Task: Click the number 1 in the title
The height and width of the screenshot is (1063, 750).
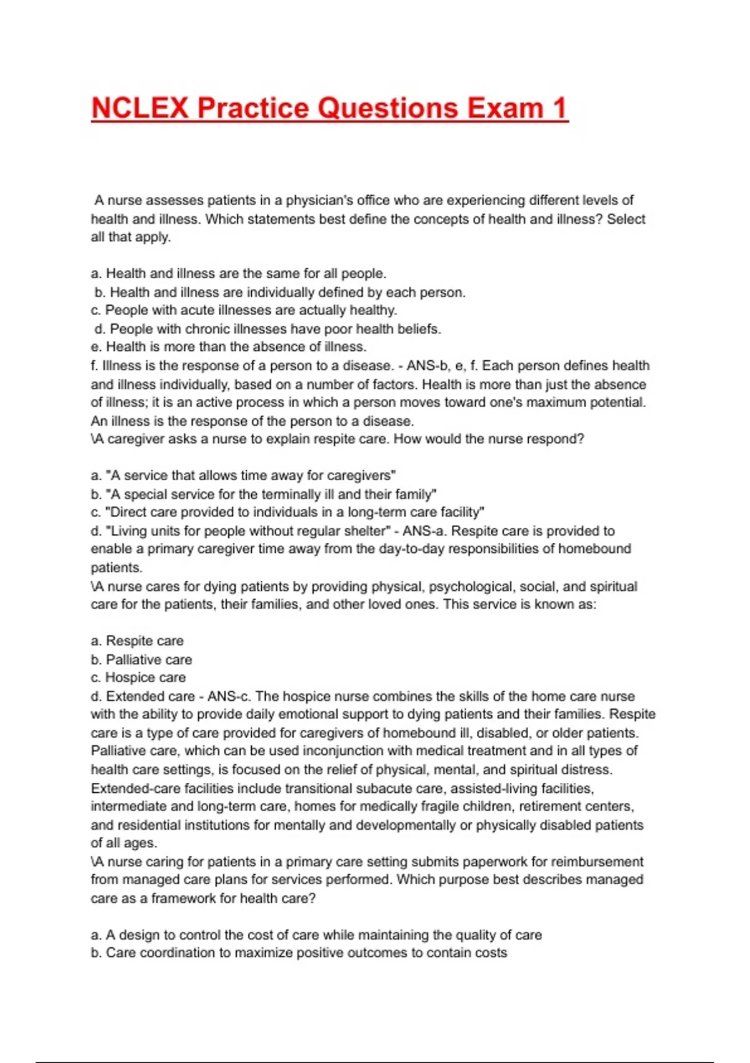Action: [x=559, y=108]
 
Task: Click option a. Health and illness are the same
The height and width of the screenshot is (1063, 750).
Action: [x=238, y=273]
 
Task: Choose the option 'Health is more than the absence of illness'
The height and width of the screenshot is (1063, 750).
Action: [x=229, y=346]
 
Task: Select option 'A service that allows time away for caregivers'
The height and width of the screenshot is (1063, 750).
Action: [x=244, y=475]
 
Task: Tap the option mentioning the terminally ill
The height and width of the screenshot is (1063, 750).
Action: [x=264, y=494]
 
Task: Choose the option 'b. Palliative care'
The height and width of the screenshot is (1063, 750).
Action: [x=141, y=659]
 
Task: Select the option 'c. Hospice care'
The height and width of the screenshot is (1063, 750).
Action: [x=138, y=677]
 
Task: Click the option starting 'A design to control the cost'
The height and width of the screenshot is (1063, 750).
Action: [x=316, y=935]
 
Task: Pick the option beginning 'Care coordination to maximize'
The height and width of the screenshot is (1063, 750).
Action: [x=299, y=953]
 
